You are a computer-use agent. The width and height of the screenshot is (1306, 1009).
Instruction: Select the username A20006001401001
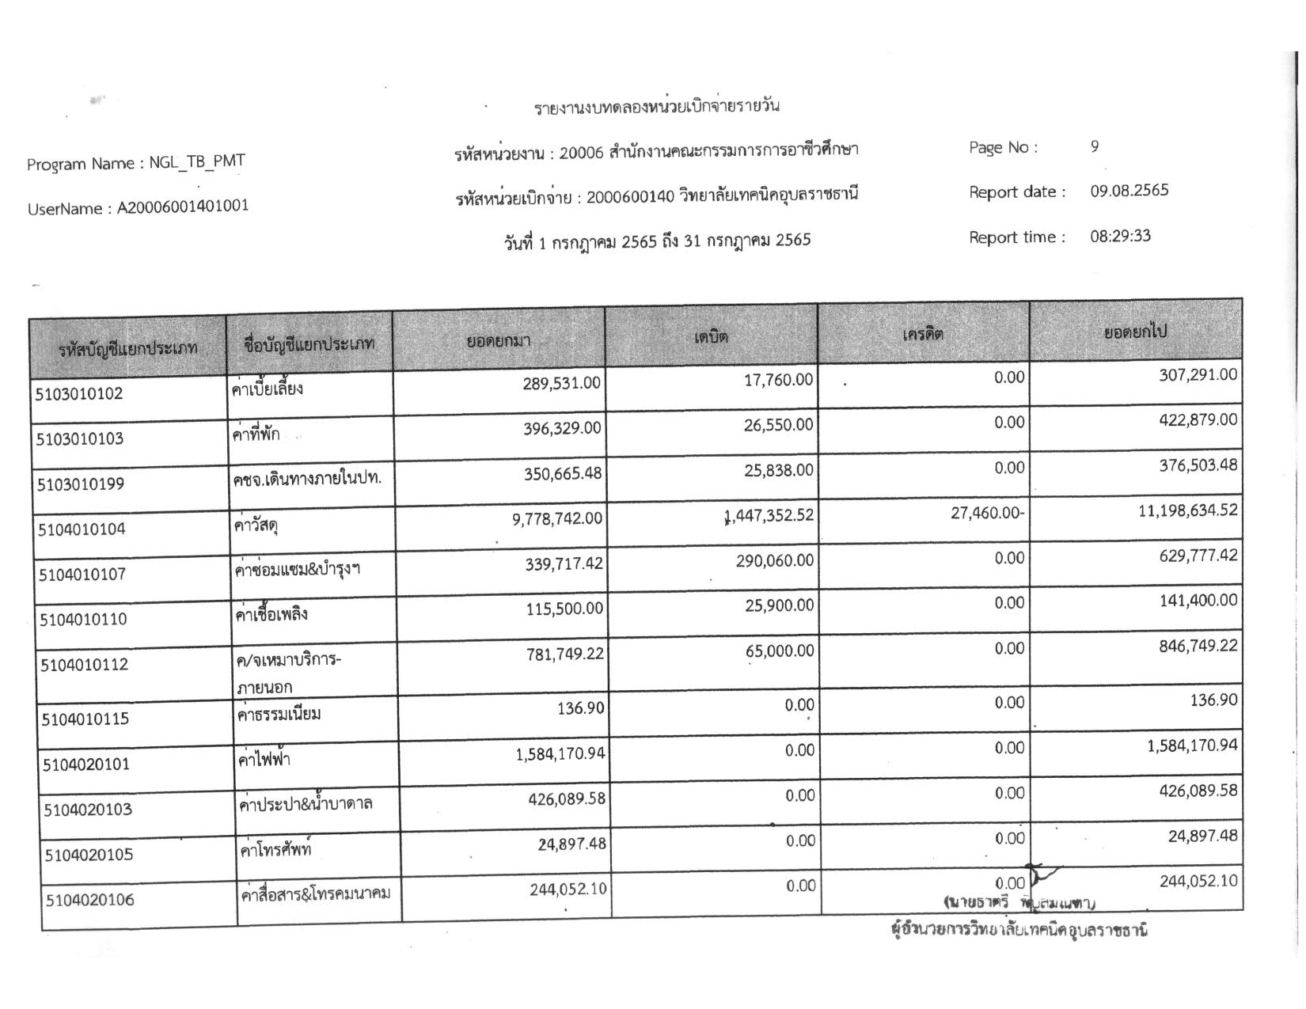(183, 207)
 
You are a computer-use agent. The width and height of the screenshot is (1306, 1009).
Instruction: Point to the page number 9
(1095, 146)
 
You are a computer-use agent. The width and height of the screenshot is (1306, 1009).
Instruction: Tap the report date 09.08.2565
(1129, 191)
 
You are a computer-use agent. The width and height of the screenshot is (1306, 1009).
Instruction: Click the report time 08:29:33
(1120, 236)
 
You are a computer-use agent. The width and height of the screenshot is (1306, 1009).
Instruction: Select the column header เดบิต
(711, 336)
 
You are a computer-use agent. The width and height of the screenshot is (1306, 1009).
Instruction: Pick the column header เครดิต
(923, 334)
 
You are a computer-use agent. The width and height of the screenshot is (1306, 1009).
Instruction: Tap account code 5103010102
(79, 393)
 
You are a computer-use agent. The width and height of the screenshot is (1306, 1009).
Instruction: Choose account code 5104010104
(82, 529)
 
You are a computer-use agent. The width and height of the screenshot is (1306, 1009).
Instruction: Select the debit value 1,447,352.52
(769, 516)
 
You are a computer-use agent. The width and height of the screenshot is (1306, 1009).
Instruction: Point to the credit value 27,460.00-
(987, 513)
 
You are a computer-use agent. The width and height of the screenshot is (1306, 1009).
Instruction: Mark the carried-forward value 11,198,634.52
(1187, 510)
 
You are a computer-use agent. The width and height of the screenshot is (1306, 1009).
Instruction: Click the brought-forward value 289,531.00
(561, 383)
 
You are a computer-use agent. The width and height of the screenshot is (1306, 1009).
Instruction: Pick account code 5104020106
(89, 900)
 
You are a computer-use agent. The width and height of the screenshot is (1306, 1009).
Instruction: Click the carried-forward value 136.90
(1213, 700)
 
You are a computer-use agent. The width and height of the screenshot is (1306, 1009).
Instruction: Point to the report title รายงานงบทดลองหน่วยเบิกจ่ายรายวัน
(657, 106)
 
